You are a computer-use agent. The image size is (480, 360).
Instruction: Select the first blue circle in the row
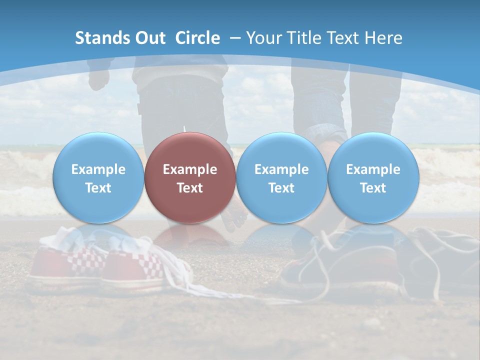[x=98, y=178]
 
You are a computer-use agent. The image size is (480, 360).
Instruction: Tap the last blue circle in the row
[x=373, y=178]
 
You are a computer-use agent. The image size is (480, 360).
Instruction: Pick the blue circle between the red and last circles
[x=281, y=178]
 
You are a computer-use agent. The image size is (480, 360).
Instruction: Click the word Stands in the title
[x=98, y=38]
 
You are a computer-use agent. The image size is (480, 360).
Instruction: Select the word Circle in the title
[x=197, y=38]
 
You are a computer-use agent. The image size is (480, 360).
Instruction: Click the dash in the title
[x=235, y=38]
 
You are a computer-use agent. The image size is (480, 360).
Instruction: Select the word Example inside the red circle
[x=190, y=169]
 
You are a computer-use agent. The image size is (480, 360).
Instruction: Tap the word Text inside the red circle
[x=190, y=188]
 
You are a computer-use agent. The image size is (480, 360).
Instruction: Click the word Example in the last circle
[x=373, y=169]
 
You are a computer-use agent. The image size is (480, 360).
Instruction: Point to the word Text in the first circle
[x=98, y=188]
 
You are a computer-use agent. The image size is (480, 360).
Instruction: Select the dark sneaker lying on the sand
[x=350, y=265]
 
